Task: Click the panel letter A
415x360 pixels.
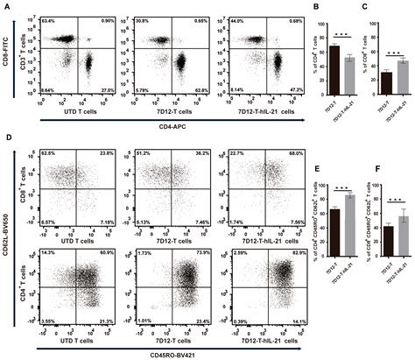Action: point(6,6)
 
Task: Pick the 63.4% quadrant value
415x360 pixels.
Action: point(48,19)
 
